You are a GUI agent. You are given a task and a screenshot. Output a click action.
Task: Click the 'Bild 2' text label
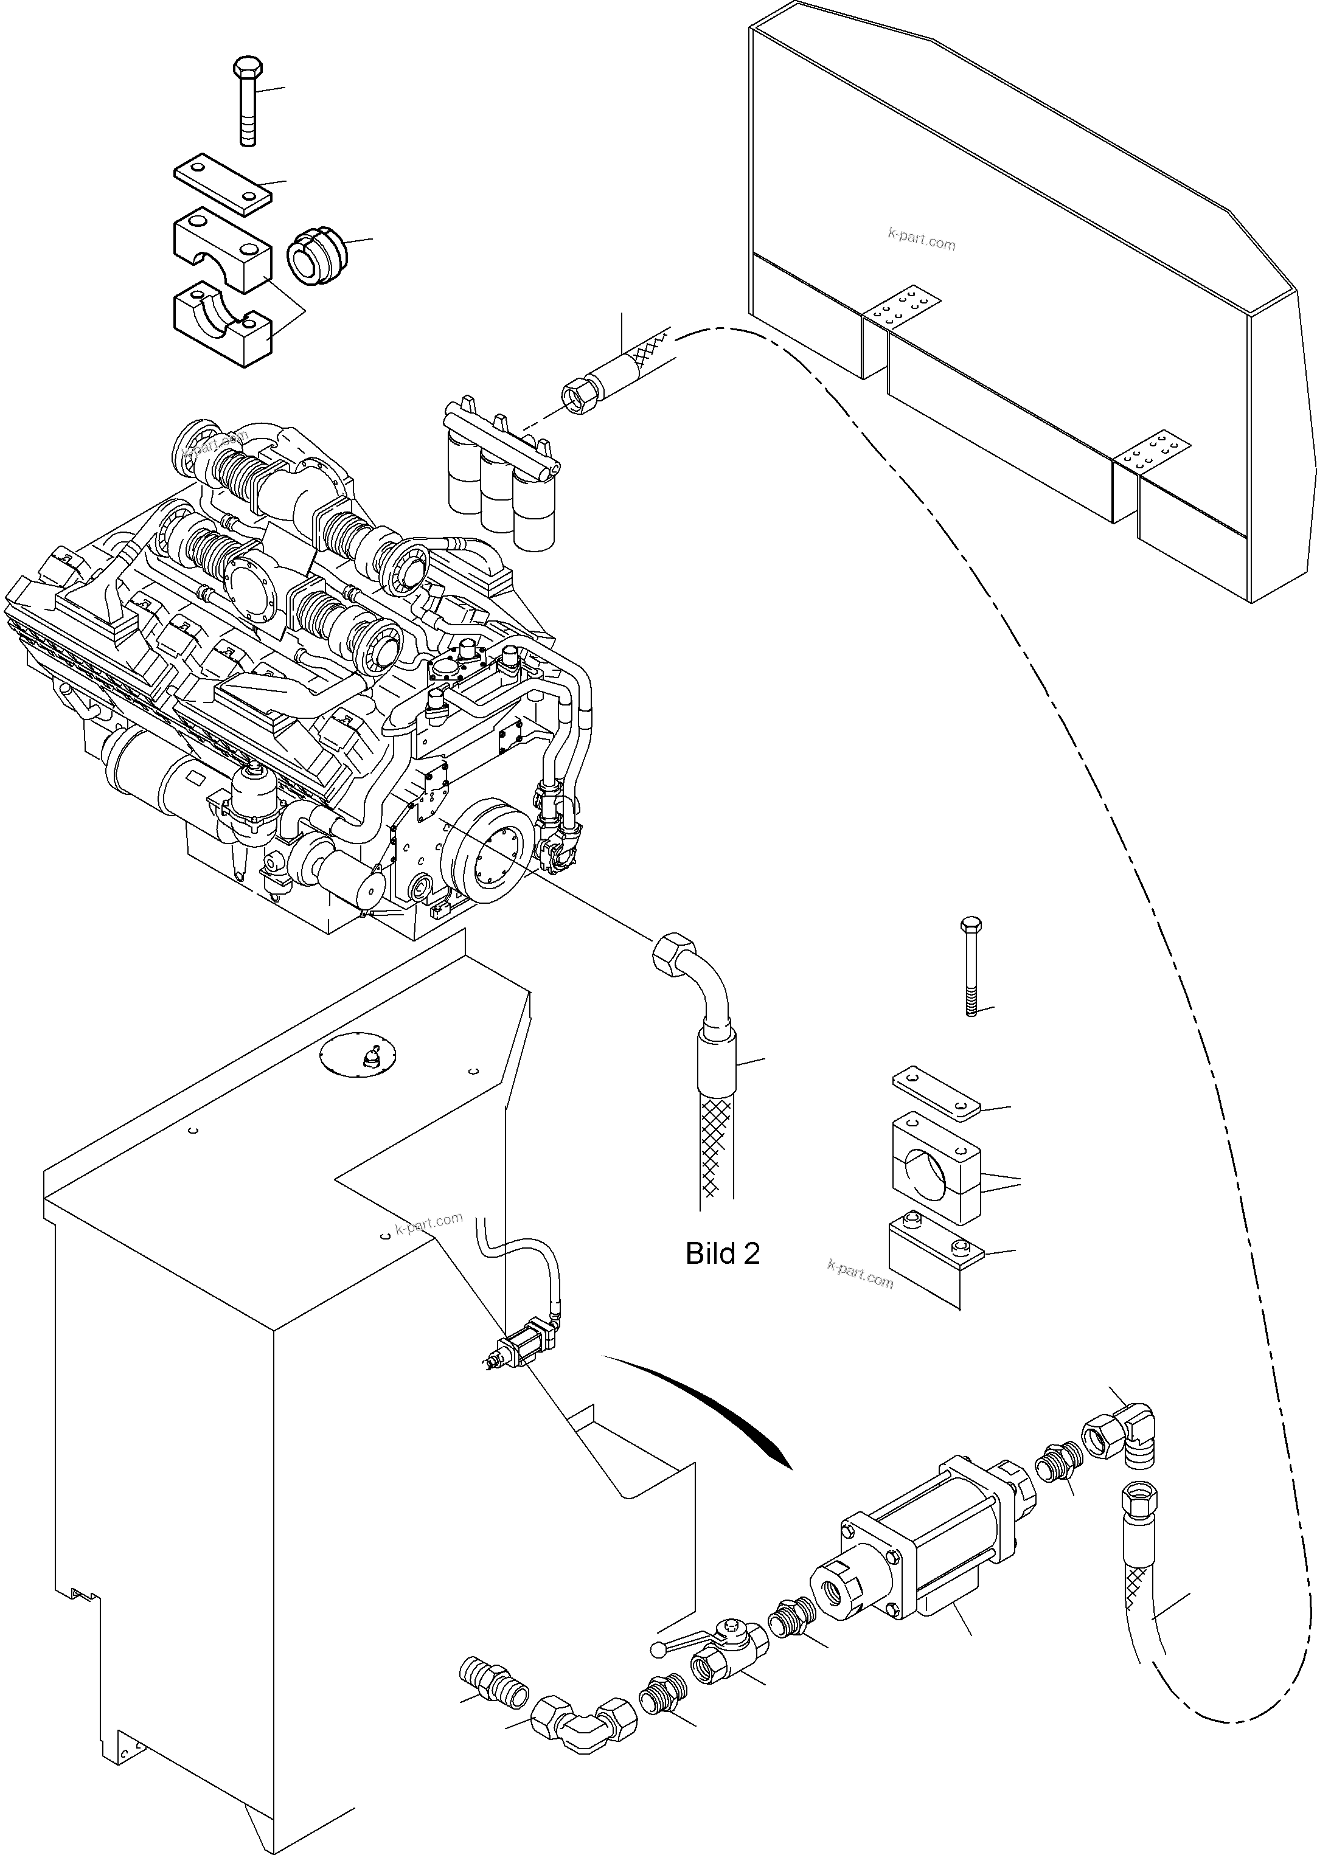click(723, 1253)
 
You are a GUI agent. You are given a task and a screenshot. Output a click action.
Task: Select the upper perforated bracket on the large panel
click(901, 307)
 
